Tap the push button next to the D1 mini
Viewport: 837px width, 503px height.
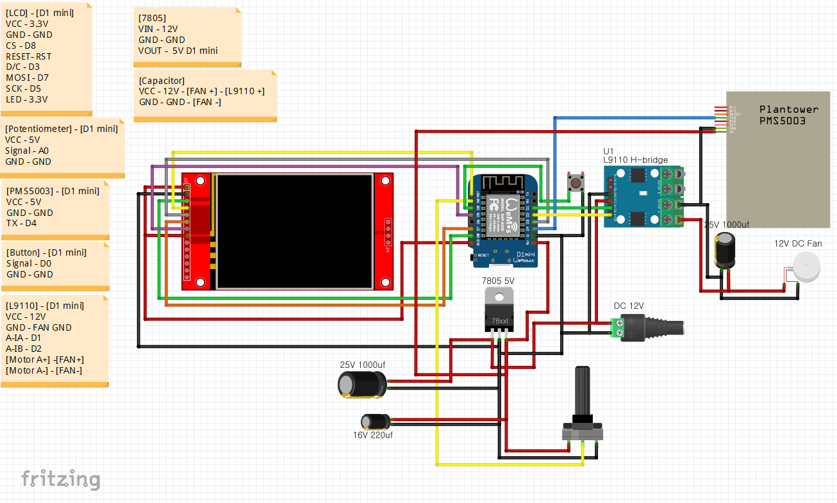tap(575, 183)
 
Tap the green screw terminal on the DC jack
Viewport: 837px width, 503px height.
tap(617, 328)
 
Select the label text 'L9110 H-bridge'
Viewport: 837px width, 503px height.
tap(635, 160)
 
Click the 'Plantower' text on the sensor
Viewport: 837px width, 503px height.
tap(788, 110)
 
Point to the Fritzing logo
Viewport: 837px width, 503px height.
tap(60, 479)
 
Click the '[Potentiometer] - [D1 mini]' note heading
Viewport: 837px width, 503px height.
tap(62, 129)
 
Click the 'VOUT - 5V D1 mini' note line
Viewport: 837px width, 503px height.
tap(178, 51)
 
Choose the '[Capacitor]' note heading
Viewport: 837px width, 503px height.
tap(162, 81)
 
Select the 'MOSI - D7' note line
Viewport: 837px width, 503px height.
tap(27, 78)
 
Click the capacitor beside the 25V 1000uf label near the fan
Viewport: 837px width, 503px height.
tap(725, 251)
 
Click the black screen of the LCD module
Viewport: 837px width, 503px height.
tap(294, 231)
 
